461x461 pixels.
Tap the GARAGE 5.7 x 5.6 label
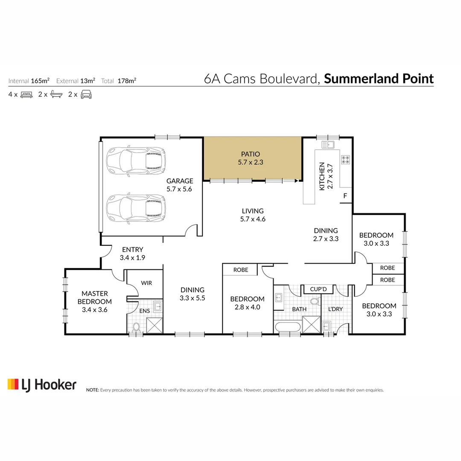(180, 185)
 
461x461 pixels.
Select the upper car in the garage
(136, 161)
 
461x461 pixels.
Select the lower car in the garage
(136, 208)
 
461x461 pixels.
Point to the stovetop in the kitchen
(345, 160)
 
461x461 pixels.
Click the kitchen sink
(328, 145)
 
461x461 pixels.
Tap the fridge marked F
(345, 195)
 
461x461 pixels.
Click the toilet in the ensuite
(136, 327)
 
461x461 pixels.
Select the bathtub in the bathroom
(288, 327)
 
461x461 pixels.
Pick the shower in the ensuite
(155, 325)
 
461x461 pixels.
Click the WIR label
(146, 283)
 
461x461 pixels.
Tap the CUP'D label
(318, 289)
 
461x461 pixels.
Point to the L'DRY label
(336, 309)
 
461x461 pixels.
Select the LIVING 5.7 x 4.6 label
(253, 215)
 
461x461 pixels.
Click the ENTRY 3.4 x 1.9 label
(133, 254)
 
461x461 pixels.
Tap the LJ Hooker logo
(42, 385)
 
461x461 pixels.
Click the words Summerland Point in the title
(379, 79)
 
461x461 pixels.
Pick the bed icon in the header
(26, 95)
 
